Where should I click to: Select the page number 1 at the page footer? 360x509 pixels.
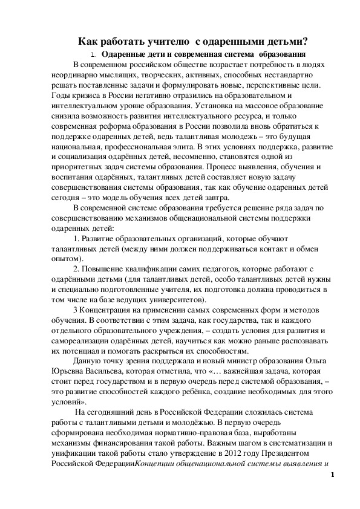tap(332, 475)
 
